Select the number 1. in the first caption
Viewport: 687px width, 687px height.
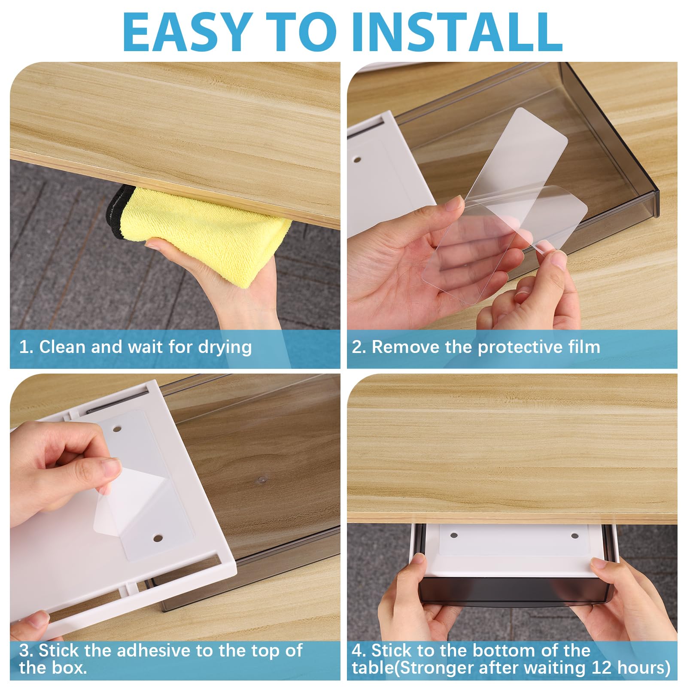coord(26,347)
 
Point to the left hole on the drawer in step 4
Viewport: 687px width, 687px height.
coord(454,536)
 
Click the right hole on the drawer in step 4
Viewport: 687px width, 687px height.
coord(575,536)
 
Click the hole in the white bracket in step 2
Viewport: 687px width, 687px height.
coord(356,159)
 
